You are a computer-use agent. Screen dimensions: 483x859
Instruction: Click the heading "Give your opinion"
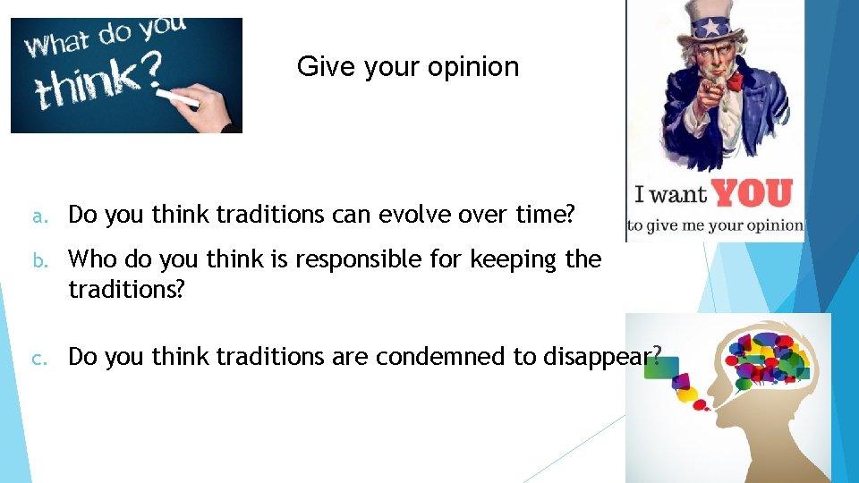point(407,67)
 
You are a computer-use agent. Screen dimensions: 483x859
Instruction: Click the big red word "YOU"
point(753,192)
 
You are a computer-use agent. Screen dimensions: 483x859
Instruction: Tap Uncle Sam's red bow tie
point(734,82)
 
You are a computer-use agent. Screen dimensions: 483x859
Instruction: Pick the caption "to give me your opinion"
point(715,225)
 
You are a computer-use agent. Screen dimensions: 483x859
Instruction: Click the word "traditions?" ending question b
point(126,290)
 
